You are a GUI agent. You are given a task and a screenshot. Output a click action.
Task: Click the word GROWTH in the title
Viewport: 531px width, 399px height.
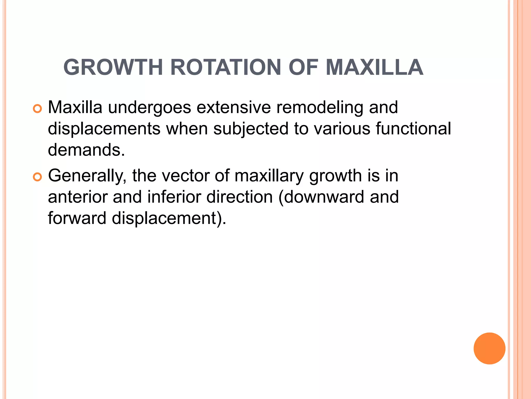[113, 68]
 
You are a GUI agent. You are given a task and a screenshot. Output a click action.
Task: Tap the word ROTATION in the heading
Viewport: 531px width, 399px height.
[226, 68]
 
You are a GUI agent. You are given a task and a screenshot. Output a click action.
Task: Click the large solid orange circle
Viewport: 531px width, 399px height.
[489, 348]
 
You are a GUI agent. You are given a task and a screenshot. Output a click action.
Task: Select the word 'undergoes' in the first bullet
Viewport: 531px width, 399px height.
[149, 108]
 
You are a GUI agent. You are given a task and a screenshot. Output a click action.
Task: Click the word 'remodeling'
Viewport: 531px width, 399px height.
[319, 108]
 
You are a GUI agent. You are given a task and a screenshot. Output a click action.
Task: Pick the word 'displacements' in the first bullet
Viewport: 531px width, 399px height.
[104, 129]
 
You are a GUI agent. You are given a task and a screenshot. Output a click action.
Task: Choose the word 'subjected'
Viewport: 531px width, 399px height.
[251, 129]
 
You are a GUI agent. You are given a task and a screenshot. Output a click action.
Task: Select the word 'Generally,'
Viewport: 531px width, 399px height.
[87, 176]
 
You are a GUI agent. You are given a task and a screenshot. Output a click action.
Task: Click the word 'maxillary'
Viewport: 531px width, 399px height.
[269, 176]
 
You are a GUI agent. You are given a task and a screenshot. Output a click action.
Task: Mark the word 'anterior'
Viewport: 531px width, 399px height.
[78, 197]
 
